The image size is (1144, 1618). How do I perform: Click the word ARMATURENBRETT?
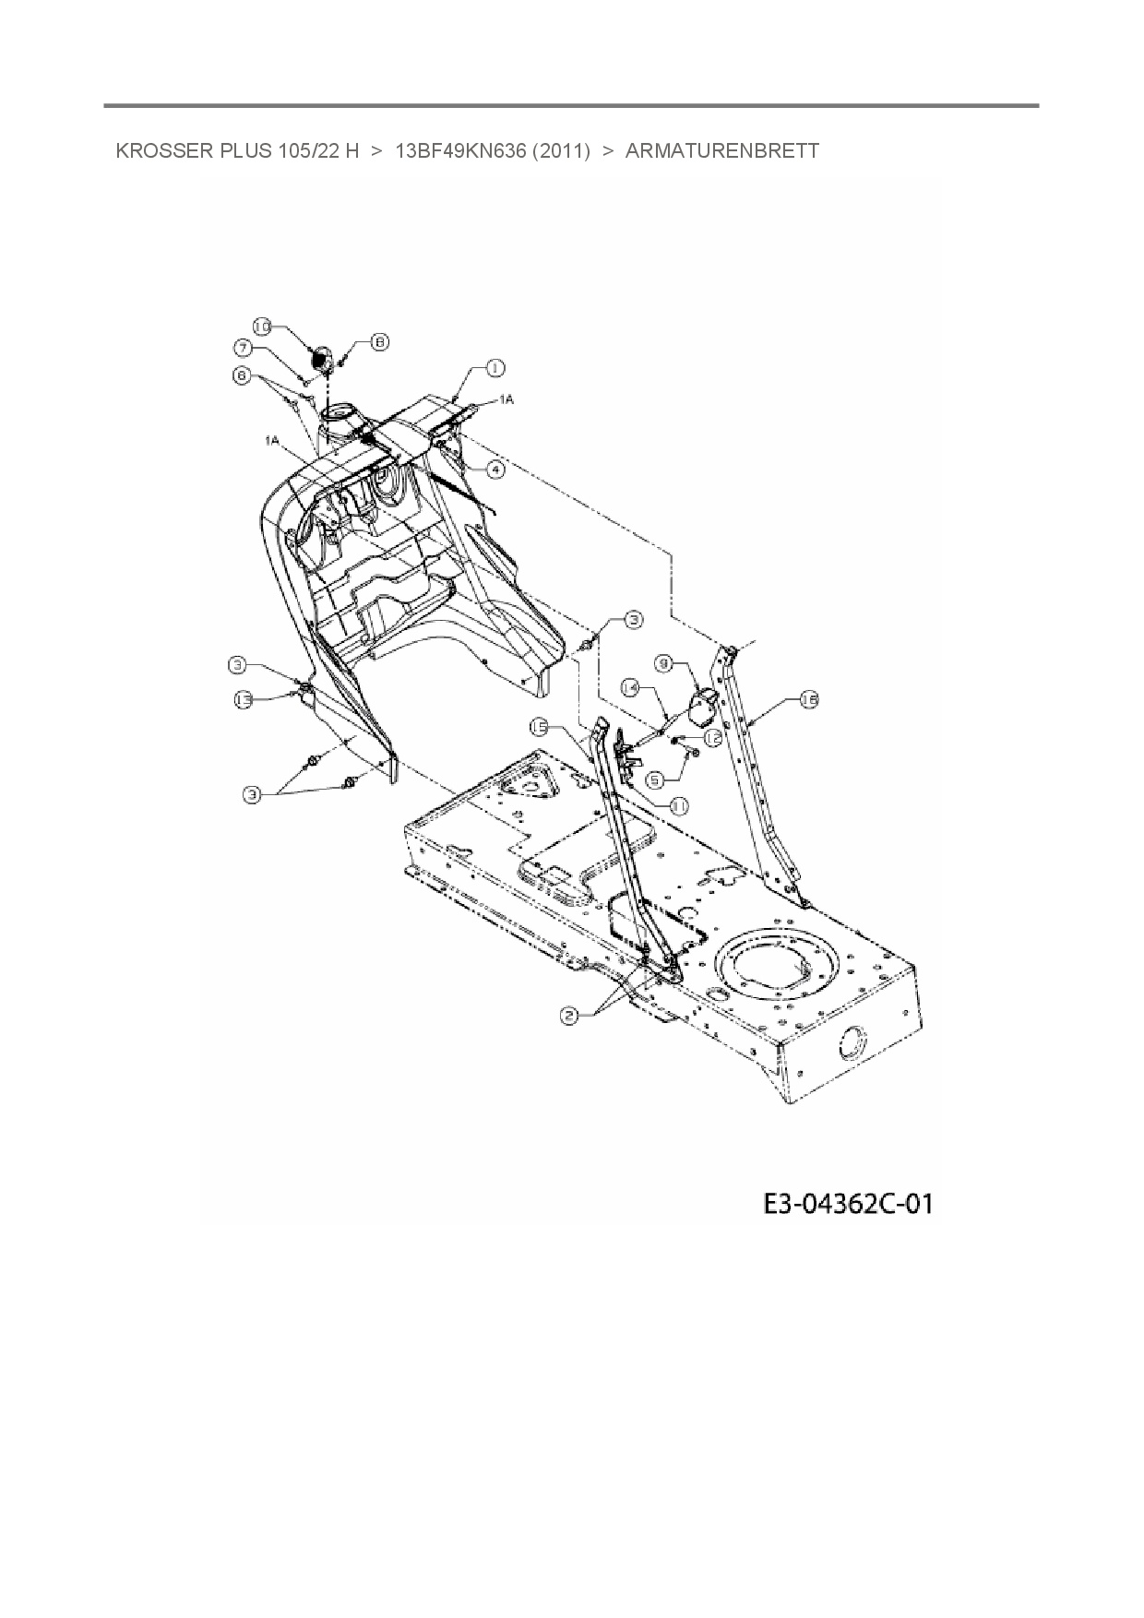721,151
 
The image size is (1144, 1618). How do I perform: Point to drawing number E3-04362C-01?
847,1204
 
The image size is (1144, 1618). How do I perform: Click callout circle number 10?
262,327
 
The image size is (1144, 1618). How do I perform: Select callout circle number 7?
244,349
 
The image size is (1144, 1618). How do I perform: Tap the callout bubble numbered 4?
495,470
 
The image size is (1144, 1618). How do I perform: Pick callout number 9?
662,662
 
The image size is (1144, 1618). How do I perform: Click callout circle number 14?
631,687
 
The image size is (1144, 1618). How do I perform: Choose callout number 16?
808,700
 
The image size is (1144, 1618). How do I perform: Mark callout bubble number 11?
678,805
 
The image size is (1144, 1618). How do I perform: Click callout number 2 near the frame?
569,1015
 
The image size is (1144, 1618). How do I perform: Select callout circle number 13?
243,700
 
